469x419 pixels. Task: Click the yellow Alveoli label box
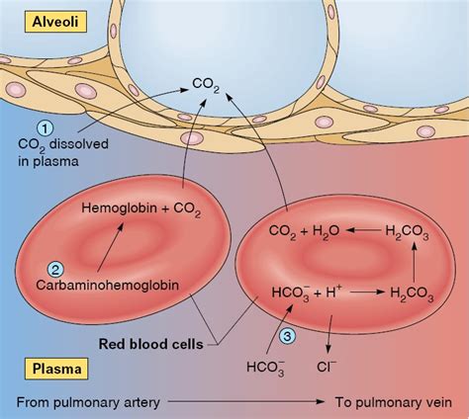[55, 22]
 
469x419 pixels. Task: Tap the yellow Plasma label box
[56, 369]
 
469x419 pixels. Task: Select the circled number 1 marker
[46, 128]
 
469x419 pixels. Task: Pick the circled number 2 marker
[55, 270]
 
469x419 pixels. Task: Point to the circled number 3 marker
[288, 336]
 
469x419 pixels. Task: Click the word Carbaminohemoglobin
[108, 286]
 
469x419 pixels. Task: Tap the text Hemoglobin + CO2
[141, 209]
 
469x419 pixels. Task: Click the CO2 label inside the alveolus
[206, 85]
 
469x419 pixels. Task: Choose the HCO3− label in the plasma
[266, 368]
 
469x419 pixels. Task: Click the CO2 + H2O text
[304, 231]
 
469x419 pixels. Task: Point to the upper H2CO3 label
[407, 232]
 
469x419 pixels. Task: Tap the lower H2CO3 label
[412, 293]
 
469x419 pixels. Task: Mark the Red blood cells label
[150, 345]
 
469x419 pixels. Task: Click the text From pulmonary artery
[88, 402]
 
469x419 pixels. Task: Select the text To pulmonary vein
[394, 402]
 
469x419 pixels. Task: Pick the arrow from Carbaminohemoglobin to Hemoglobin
[110, 248]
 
